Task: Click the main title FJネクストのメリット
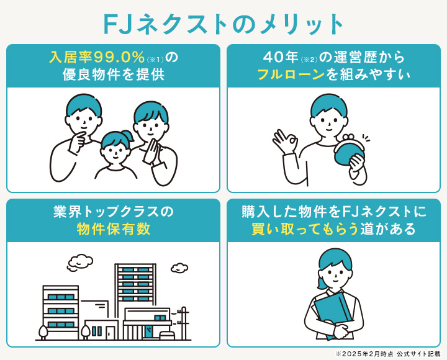coord(223,24)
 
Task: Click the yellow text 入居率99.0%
coord(97,57)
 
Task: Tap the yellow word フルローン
coord(291,75)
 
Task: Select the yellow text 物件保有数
coord(114,229)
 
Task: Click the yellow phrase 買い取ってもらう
coord(305,229)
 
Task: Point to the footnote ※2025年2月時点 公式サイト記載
coord(387,353)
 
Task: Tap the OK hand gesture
coord(286,142)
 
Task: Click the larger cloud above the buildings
coord(80,261)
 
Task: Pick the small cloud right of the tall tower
coord(179,268)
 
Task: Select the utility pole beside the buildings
coord(183,323)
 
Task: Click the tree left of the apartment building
coord(43,331)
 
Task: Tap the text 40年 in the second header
coord(281,57)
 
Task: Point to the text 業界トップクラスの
coord(114,211)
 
